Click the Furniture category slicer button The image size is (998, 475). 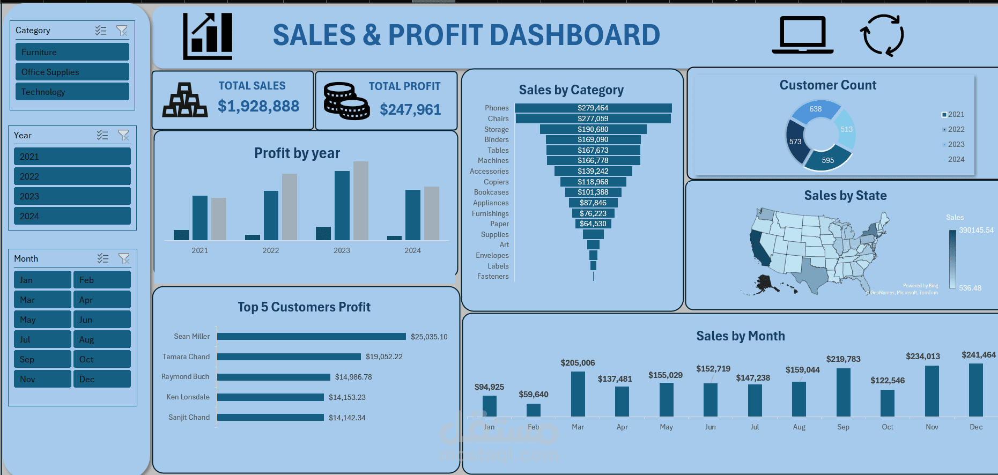[x=72, y=52]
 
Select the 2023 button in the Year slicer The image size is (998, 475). [x=72, y=196]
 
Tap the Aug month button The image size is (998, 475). [x=102, y=339]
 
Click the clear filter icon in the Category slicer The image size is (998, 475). [x=122, y=31]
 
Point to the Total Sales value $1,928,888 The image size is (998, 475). [x=258, y=106]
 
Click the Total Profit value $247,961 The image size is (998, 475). [x=410, y=110]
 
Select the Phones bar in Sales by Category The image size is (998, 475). [x=593, y=108]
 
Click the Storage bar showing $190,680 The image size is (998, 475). [x=593, y=129]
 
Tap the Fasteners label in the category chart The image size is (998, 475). [x=493, y=277]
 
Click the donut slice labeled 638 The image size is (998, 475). [x=815, y=109]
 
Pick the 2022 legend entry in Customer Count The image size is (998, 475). [x=956, y=129]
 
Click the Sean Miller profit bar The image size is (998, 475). [x=311, y=337]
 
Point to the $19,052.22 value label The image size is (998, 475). [x=384, y=357]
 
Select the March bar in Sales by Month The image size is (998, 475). [x=578, y=394]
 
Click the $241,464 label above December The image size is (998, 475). [x=978, y=355]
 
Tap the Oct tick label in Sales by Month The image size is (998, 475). [x=888, y=427]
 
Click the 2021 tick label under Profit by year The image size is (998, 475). [x=199, y=250]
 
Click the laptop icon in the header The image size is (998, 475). [x=802, y=35]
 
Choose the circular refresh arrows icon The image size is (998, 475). [x=882, y=35]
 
